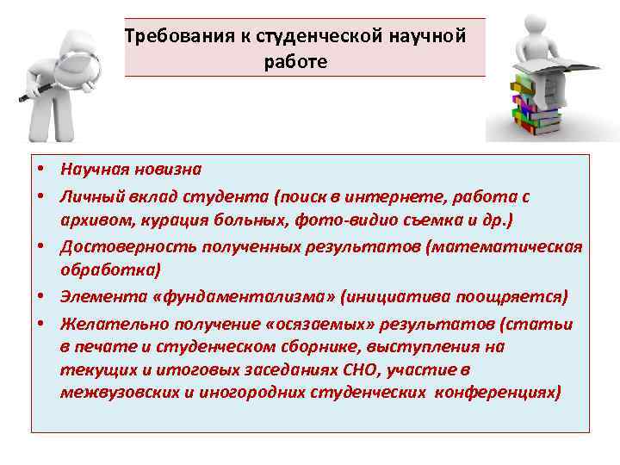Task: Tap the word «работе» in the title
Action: (297, 62)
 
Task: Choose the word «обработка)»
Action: (110, 270)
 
